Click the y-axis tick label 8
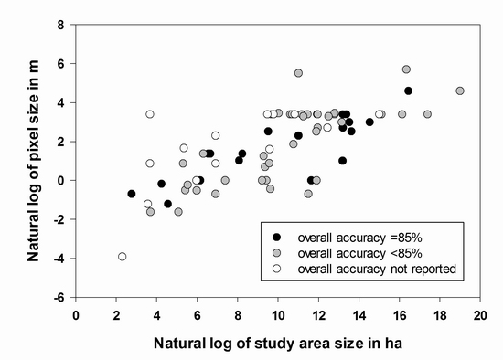(x=61, y=25)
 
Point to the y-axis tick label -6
(x=59, y=298)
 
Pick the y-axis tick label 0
(x=61, y=181)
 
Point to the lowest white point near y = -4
(x=122, y=257)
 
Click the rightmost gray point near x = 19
(x=460, y=90)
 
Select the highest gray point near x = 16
(x=406, y=69)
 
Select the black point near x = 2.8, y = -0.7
(x=132, y=194)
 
